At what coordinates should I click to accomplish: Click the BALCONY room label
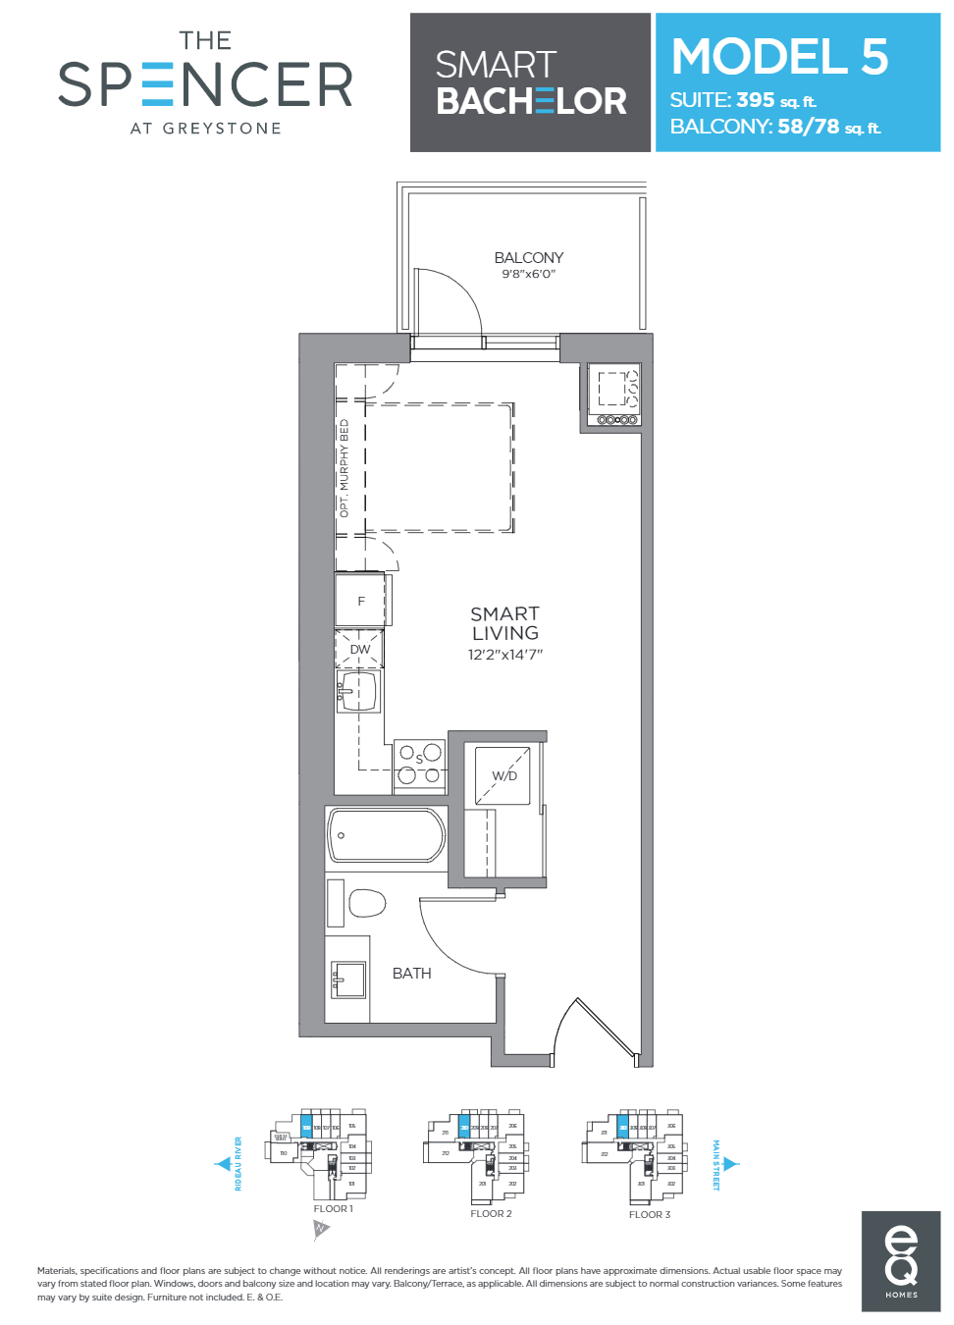[528, 257]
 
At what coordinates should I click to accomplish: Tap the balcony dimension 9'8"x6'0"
[528, 274]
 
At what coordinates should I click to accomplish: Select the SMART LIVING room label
[504, 623]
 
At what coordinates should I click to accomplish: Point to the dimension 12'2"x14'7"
[504, 655]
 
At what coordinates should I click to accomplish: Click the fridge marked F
[361, 601]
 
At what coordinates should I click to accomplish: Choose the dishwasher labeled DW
[360, 649]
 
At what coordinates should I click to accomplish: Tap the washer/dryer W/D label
[504, 775]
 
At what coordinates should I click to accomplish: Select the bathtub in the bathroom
[386, 835]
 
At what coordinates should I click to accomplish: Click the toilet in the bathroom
[367, 903]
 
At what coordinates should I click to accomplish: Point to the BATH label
[411, 973]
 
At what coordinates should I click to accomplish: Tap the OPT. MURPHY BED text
[344, 468]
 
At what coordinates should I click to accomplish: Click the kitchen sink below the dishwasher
[357, 692]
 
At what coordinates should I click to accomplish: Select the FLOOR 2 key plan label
[491, 1214]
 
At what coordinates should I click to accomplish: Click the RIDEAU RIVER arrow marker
[223, 1164]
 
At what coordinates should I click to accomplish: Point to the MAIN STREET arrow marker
[730, 1164]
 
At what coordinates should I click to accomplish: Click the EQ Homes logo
[901, 1260]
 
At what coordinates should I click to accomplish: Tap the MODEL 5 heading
[779, 57]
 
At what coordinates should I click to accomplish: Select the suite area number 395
[755, 100]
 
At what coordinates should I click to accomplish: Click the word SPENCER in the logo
[205, 84]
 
